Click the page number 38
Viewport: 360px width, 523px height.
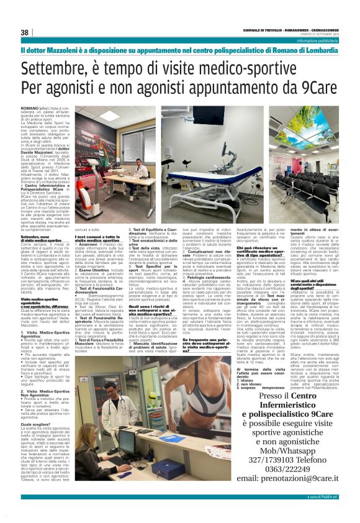pos(25,32)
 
